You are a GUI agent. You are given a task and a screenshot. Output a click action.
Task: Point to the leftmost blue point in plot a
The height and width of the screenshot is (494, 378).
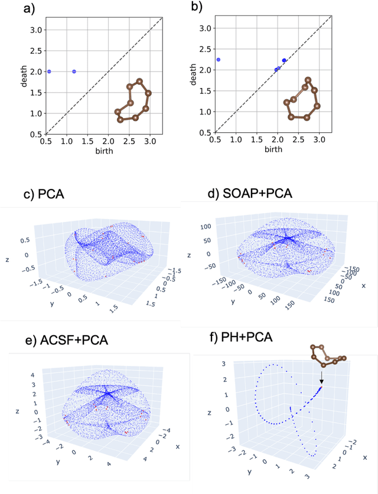point(49,71)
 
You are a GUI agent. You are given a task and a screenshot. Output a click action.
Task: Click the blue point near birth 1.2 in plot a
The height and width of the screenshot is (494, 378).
point(74,71)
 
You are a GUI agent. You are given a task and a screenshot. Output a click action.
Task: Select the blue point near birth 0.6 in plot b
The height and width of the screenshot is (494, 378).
point(219,60)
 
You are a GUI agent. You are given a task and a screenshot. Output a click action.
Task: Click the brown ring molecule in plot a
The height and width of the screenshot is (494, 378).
point(133,101)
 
